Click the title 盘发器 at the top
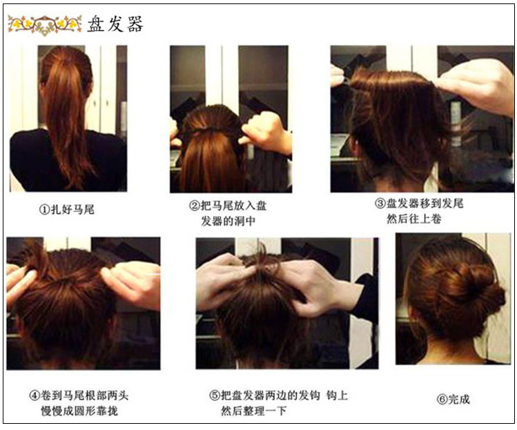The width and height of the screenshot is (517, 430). click(115, 23)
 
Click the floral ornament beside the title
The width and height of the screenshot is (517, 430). click(44, 25)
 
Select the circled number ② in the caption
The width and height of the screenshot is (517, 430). click(195, 206)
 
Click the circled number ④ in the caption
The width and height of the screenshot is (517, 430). click(35, 396)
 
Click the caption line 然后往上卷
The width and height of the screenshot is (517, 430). click(414, 219)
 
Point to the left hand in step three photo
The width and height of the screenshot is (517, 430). click(338, 76)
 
